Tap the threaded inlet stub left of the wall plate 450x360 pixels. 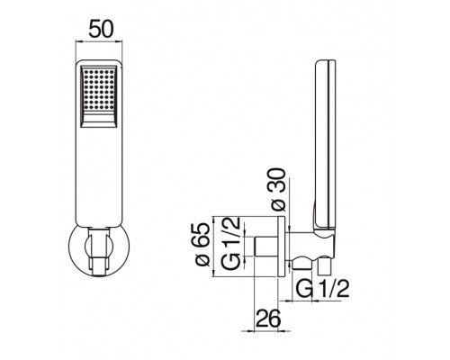coord(267,247)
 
